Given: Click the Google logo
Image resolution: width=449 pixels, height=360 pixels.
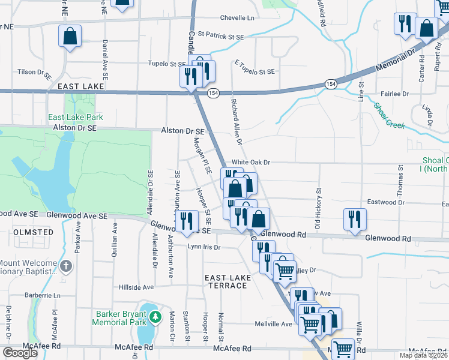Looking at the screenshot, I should click(20, 353).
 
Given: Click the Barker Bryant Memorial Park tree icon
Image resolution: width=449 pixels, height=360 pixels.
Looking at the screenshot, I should click(155, 316).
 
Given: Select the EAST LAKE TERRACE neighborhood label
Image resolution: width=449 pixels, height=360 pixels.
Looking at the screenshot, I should click(226, 281).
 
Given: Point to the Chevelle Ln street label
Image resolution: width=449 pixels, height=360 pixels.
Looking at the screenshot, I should click(237, 18).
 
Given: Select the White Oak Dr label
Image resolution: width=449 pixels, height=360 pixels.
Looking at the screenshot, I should click(252, 163).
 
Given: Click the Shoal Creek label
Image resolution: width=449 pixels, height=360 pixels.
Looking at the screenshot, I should click(389, 116).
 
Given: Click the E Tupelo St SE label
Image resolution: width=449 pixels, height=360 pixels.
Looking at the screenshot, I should click(254, 71).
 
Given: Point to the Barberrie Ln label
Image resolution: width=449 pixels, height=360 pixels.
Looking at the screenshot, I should click(43, 295).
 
